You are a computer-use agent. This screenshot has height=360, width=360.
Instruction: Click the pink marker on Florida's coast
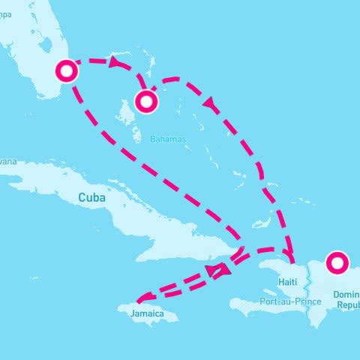tap(67, 71)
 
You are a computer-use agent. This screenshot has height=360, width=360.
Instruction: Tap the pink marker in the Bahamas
tap(145, 101)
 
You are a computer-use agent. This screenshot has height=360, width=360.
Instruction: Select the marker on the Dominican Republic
tap(337, 262)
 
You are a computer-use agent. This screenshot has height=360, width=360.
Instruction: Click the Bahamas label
tap(167, 139)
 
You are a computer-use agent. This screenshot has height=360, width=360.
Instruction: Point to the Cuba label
tap(91, 197)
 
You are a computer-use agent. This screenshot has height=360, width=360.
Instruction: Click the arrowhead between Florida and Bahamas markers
tap(116, 64)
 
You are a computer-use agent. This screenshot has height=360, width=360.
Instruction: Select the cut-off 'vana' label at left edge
tap(7, 161)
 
